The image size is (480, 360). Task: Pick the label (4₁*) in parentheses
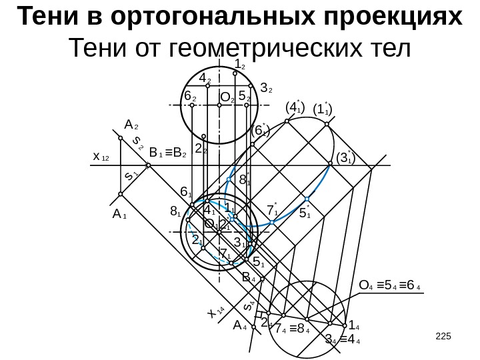(294, 107)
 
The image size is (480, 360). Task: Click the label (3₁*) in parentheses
(345, 158)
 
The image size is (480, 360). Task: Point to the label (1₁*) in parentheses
(322, 108)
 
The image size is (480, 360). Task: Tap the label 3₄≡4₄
(342, 343)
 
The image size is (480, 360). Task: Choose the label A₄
(240, 326)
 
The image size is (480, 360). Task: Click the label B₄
(249, 276)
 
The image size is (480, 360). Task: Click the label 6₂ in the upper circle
(190, 98)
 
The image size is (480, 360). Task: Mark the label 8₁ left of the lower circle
(176, 213)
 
